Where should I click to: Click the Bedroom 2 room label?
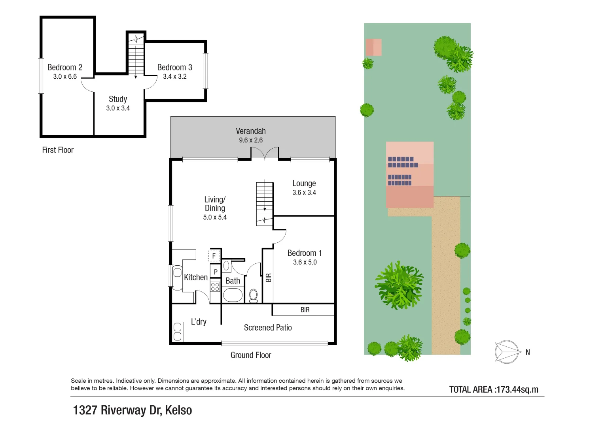(x=65, y=67)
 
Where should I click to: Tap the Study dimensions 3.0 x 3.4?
(x=118, y=108)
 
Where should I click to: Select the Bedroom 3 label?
(x=174, y=67)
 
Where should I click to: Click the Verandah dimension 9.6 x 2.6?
(x=251, y=140)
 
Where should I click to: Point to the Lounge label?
(x=304, y=183)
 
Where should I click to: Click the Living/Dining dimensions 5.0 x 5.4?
(x=215, y=217)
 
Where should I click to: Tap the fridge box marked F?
(x=214, y=256)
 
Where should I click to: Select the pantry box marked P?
(x=215, y=272)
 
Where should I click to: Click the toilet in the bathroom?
(x=254, y=295)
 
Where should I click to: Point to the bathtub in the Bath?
(x=233, y=295)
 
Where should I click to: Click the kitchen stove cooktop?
(x=215, y=286)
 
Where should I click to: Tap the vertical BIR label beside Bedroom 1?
(x=269, y=278)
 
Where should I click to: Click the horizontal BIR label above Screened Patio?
(x=305, y=310)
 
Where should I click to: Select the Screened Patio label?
(x=268, y=328)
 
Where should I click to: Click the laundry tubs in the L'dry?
(x=178, y=331)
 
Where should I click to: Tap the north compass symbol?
(x=507, y=351)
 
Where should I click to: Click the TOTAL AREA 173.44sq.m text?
(x=494, y=389)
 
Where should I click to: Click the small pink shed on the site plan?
(x=373, y=47)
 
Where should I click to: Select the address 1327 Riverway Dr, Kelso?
(x=133, y=410)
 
